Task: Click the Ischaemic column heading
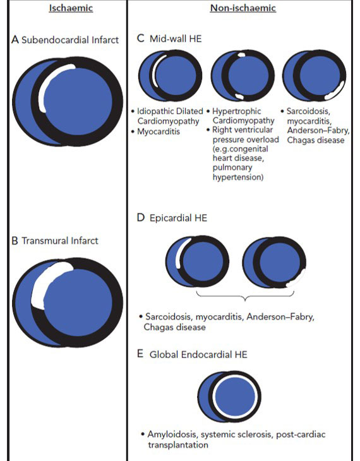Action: click(x=71, y=8)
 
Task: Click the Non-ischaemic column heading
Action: click(x=243, y=8)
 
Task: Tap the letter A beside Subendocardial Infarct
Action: click(x=15, y=39)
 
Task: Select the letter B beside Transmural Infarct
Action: click(x=15, y=241)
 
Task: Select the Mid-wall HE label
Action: click(x=176, y=39)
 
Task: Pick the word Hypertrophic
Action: click(x=236, y=111)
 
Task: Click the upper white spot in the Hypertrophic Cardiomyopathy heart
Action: click(x=241, y=55)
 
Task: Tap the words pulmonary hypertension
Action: click(x=237, y=172)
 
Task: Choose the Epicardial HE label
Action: click(x=178, y=218)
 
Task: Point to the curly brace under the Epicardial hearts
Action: click(x=245, y=296)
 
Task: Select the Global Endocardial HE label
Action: click(x=198, y=354)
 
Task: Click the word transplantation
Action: click(x=178, y=445)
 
